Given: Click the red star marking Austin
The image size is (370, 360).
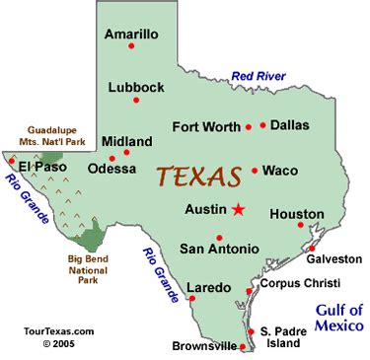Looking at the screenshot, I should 238,209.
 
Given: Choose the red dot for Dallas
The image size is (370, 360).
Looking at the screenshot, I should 263,125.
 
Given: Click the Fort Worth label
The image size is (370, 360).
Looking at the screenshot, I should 205,126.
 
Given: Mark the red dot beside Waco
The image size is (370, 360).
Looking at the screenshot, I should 255,171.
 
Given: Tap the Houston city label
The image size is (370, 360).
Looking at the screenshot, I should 296,213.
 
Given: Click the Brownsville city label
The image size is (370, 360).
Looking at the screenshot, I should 205,346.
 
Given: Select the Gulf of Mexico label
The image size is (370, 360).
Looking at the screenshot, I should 339,317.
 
